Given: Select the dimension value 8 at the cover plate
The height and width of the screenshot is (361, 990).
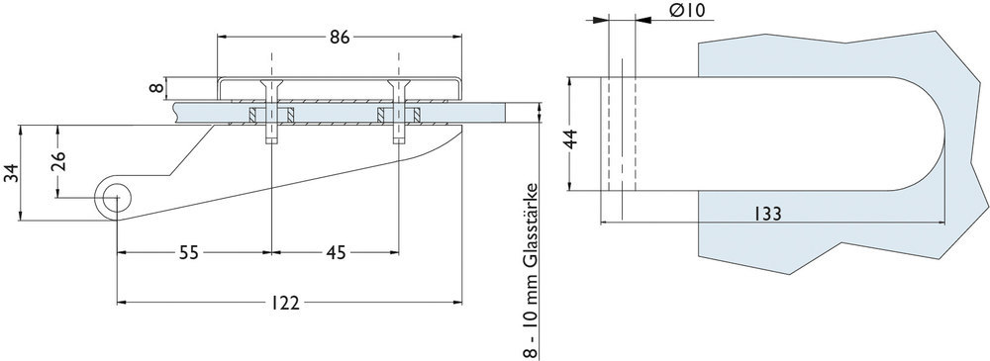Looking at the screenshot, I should click(x=155, y=88).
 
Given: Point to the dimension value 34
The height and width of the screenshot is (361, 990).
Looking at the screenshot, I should click(x=11, y=175).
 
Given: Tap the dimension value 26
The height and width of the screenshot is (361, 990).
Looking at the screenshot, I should click(x=59, y=161).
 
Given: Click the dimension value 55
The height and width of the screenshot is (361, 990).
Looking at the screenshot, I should click(x=190, y=252).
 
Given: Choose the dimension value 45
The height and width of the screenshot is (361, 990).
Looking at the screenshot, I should click(x=336, y=252).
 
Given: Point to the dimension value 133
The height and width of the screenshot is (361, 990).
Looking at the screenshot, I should click(x=771, y=214).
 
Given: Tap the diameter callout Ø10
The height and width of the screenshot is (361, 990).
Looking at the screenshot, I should click(x=686, y=11).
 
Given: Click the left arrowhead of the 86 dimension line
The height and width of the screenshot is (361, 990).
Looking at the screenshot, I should click(x=222, y=37).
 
